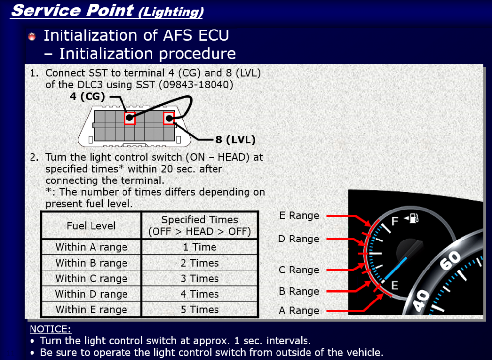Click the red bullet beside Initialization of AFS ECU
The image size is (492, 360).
click(31, 37)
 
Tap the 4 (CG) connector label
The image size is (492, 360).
click(87, 96)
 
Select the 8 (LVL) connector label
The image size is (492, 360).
click(236, 140)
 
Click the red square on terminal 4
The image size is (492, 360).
click(130, 119)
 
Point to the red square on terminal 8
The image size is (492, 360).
click(169, 118)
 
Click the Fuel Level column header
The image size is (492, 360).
click(92, 225)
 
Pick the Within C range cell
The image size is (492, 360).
click(92, 278)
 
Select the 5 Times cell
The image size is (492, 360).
click(200, 309)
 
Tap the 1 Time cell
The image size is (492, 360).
click(200, 247)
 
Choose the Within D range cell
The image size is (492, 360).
click(92, 294)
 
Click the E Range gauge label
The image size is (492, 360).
click(299, 216)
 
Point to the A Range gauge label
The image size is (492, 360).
click(299, 310)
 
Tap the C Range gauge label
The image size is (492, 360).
click(299, 270)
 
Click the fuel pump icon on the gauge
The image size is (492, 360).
click(412, 218)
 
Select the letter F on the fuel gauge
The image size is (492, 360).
click(395, 221)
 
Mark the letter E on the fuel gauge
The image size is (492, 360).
click(395, 285)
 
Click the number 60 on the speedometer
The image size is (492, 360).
click(450, 260)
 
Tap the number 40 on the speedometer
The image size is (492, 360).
click(421, 300)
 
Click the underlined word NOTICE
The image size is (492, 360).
click(50, 330)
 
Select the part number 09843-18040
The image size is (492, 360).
click(196, 85)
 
